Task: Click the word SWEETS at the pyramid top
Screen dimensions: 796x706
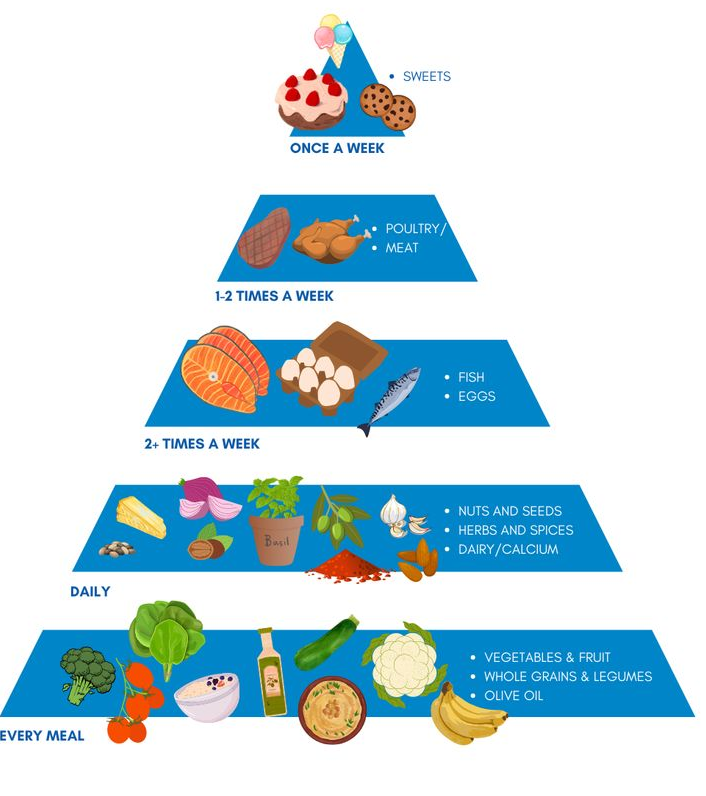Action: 426,77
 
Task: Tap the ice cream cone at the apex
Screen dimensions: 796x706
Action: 335,38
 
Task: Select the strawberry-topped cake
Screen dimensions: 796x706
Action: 311,101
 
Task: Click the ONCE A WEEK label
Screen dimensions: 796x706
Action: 337,149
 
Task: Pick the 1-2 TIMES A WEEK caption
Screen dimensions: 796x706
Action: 274,296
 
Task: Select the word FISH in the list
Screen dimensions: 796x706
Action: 471,377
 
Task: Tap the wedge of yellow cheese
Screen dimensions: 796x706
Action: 140,517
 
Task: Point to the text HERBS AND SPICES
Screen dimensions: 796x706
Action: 515,530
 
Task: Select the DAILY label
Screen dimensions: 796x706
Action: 90,592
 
